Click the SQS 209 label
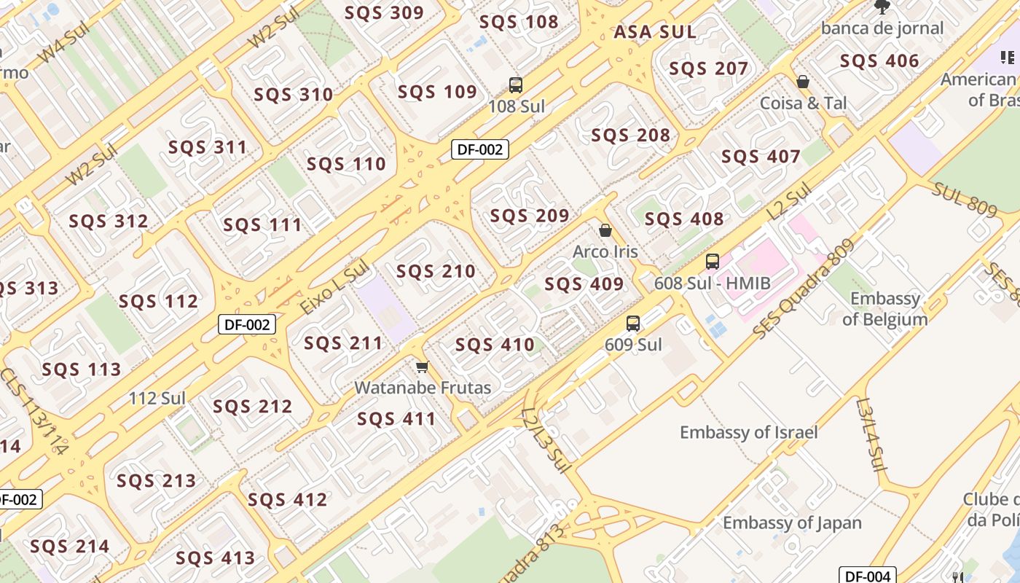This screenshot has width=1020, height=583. [529, 216]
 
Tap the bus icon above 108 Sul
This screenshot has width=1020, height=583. [516, 85]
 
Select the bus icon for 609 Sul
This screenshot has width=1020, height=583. [633, 324]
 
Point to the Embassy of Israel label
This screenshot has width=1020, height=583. [748, 432]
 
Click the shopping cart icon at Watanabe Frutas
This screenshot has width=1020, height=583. [422, 367]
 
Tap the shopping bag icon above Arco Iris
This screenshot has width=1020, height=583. [605, 231]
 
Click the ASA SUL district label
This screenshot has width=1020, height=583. [655, 32]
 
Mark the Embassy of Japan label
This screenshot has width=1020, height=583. [792, 523]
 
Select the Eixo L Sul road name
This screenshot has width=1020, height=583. [334, 289]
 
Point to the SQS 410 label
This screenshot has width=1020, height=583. [495, 345]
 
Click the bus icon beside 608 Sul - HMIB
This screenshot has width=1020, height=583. [712, 262]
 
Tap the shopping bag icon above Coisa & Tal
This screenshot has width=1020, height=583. [803, 82]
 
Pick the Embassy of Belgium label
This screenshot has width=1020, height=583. [885, 309]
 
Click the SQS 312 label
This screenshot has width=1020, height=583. [108, 221]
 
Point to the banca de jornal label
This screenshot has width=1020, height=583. [882, 28]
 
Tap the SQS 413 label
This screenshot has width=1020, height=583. [215, 558]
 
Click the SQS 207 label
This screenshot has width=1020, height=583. [708, 69]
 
